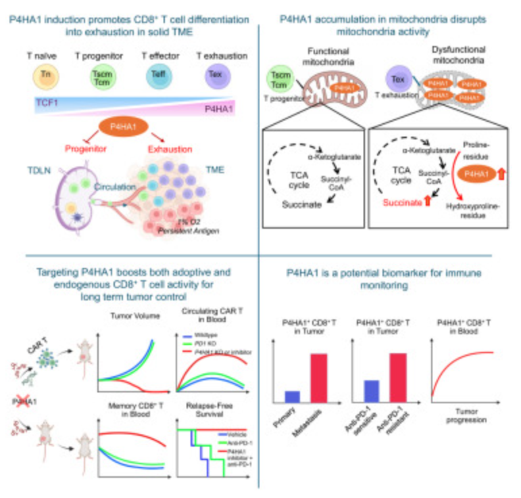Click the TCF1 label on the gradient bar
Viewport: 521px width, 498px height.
(47, 103)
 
